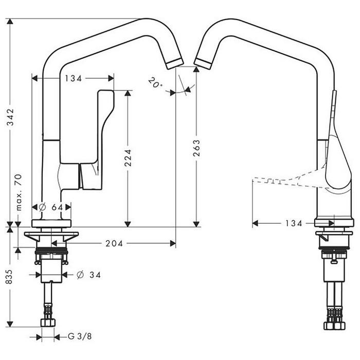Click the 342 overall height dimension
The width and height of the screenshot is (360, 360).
10,117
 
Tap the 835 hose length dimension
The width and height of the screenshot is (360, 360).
9,277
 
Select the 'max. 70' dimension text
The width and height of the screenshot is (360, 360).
19,192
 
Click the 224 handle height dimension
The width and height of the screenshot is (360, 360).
128,157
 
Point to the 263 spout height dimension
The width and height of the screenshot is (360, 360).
196,148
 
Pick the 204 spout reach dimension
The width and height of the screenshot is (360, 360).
114,243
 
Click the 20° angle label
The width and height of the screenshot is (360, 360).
154,83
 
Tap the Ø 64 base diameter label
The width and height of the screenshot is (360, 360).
51,207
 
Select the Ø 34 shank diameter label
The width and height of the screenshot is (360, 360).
88,275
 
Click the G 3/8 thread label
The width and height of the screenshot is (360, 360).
80,336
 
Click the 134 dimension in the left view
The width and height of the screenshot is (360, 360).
73,79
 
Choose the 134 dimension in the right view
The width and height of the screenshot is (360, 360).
294,223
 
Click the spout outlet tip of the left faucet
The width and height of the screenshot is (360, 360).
175,63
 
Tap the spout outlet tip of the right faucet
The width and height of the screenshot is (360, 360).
203,63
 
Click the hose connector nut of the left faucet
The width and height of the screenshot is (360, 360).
48,322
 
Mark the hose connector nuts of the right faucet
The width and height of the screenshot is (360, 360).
334,326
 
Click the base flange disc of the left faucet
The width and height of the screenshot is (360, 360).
51,223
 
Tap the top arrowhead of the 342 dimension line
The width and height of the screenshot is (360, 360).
10,22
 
